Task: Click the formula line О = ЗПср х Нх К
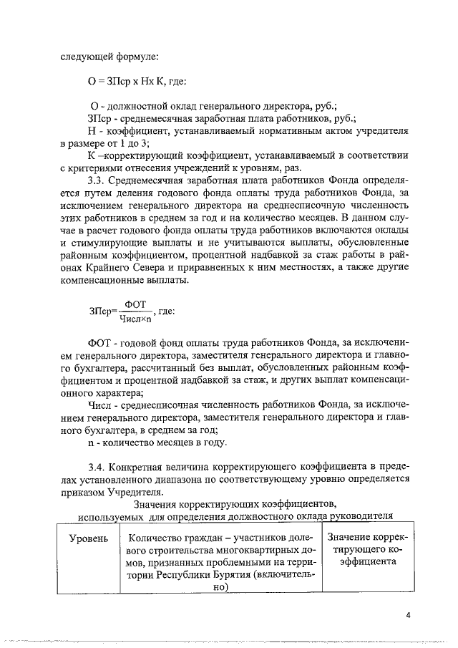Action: [137, 83]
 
